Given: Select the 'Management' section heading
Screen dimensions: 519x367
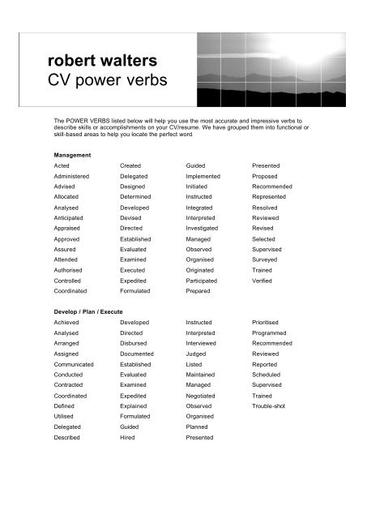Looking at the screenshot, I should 68,154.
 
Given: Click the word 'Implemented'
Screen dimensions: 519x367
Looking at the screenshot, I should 203,175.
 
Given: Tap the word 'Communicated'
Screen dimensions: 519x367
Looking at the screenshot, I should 74,364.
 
